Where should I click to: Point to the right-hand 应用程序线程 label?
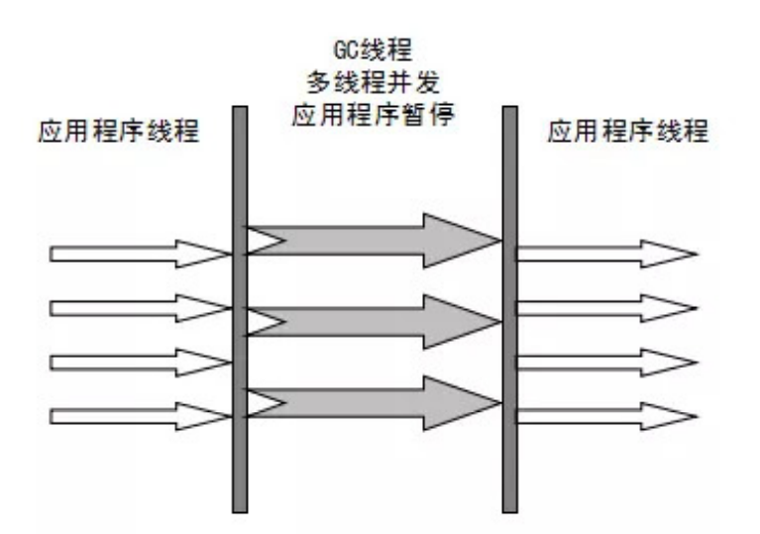coord(628,132)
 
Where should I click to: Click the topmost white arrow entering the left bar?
coord(139,254)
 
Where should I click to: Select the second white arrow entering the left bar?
coord(139,308)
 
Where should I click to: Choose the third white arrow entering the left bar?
coord(139,362)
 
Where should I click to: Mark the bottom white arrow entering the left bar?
coord(139,416)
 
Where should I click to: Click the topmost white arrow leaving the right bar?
coord(604,254)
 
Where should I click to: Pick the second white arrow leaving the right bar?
coord(604,308)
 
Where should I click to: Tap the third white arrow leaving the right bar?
coord(604,362)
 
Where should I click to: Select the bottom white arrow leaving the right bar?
coord(604,416)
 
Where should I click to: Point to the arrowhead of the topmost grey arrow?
coord(466,239)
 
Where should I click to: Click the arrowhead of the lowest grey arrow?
coord(466,402)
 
